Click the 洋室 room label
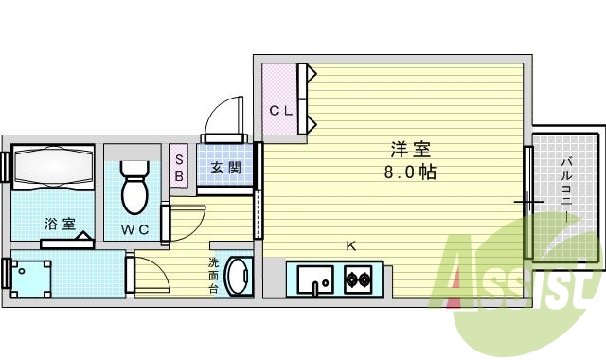pyautogui.click(x=411, y=151)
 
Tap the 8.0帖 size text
pyautogui.click(x=410, y=173)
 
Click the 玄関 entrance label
pyautogui.click(x=225, y=169)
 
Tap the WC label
pyautogui.click(x=134, y=229)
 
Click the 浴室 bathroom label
pyautogui.click(x=60, y=225)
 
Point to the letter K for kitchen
pyautogui.click(x=350, y=246)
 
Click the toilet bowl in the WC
pyautogui.click(x=134, y=189)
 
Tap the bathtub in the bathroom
pyautogui.click(x=54, y=168)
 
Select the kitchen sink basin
pyautogui.click(x=315, y=280)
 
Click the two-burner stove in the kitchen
pyautogui.click(x=358, y=280)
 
